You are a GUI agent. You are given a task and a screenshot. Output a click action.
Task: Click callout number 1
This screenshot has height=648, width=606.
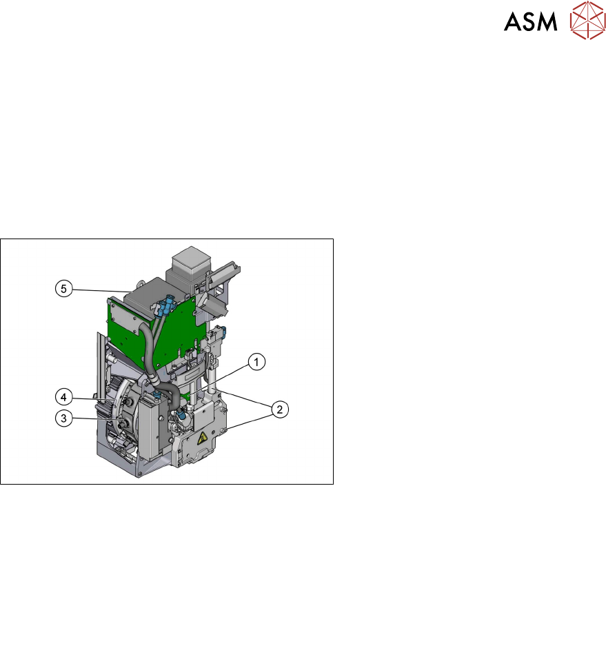(256, 362)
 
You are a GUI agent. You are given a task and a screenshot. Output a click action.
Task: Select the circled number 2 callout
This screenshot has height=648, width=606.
(280, 409)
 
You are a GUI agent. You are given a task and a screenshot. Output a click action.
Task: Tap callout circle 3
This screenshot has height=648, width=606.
(63, 418)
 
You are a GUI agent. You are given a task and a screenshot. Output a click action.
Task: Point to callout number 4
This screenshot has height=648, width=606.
(63, 397)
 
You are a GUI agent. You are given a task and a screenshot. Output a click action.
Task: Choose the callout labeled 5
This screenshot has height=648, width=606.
(63, 288)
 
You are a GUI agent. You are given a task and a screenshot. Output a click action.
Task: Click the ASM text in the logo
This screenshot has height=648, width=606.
(531, 21)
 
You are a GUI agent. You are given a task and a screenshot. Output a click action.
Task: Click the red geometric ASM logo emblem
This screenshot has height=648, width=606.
(587, 20)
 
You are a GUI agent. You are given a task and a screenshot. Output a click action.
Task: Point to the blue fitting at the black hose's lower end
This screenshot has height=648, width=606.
(182, 413)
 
